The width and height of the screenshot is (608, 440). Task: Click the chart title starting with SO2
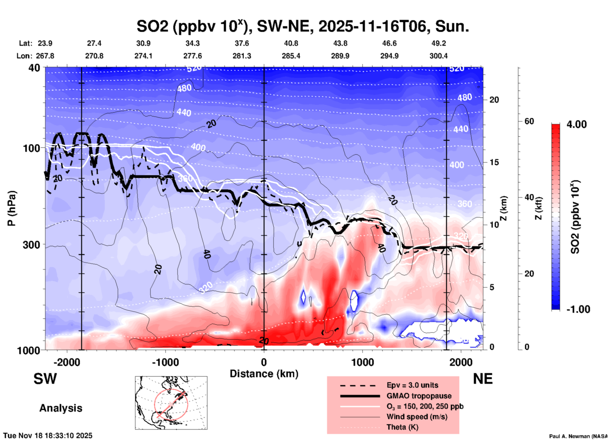point(302,26)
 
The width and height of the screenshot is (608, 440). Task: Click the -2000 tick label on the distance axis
point(67,362)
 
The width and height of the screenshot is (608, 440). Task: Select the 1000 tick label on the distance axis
point(362,362)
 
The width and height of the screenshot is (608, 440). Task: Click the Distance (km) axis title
point(264,374)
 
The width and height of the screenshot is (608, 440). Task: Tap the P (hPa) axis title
point(12,208)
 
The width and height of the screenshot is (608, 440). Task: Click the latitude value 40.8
point(291,43)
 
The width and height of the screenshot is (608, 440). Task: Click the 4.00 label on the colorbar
point(576,124)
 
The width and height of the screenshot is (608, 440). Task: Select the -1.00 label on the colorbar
point(578,309)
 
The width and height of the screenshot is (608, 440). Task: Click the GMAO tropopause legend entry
point(419,396)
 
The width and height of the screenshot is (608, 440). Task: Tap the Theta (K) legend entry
point(402,427)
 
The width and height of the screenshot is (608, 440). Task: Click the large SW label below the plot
point(45,379)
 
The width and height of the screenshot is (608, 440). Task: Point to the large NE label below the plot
point(483,379)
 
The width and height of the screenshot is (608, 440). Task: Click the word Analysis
point(61,408)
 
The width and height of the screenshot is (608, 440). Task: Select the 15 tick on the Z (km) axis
point(494,162)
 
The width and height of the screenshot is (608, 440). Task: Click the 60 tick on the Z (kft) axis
point(529,121)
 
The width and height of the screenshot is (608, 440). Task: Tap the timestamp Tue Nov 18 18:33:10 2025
point(48,436)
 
